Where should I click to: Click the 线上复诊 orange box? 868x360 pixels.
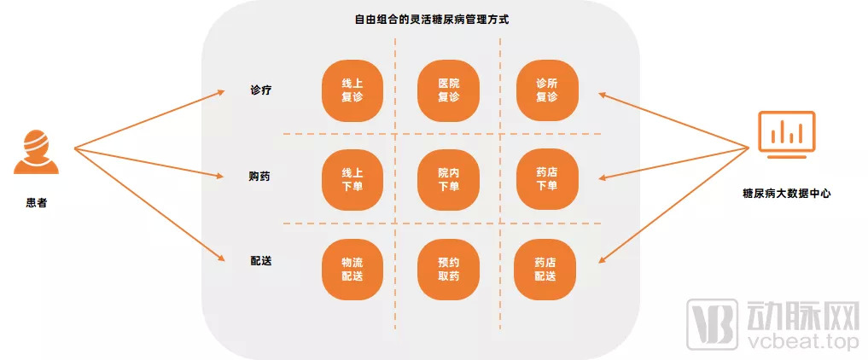(352, 90)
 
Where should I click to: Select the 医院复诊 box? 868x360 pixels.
(448, 90)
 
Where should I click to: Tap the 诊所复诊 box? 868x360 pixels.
(546, 90)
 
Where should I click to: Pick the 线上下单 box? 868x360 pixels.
(352, 180)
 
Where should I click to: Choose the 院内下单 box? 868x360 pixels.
(448, 180)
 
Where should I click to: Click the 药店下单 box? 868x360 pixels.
(546, 180)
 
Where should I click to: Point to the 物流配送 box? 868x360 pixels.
(352, 270)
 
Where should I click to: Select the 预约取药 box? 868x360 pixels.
(448, 270)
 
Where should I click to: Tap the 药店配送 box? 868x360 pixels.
(546, 270)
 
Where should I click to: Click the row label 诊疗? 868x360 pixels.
(261, 90)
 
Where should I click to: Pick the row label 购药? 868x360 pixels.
(261, 177)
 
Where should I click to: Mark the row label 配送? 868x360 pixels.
(261, 260)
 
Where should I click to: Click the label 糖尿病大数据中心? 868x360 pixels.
(787, 194)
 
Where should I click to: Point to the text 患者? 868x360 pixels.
(36, 204)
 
